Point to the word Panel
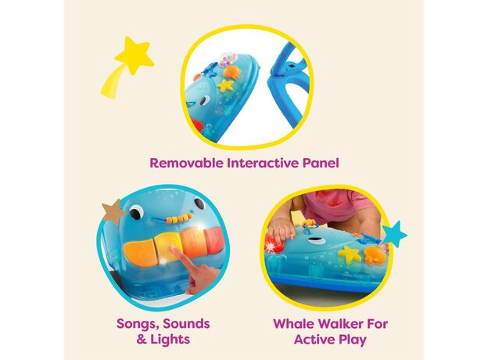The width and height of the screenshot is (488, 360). (x=316, y=164)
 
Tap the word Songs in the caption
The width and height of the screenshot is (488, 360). (x=135, y=323)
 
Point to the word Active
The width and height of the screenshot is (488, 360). (x=315, y=339)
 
